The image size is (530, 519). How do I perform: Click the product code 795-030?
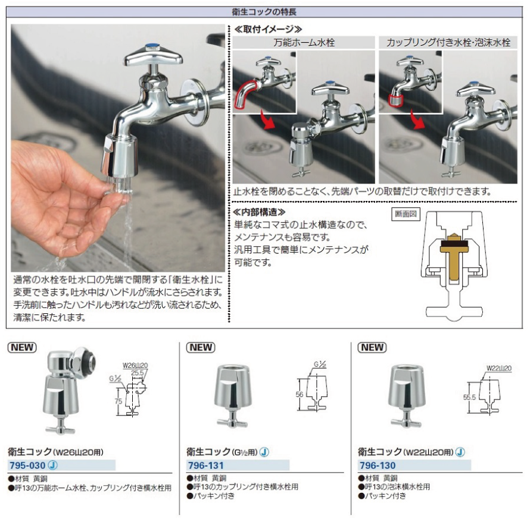[27, 465]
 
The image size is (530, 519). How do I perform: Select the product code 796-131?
[206, 465]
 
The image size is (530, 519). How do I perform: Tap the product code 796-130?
[378, 465]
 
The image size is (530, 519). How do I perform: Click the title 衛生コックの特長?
[264, 12]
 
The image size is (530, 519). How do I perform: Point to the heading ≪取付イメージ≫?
[269, 29]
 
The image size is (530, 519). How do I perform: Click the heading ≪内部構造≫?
[260, 212]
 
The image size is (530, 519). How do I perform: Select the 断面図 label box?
[406, 214]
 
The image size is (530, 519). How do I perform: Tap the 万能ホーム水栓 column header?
[304, 43]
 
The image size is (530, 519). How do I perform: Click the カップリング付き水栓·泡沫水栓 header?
[448, 43]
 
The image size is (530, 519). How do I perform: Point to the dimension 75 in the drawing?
[119, 401]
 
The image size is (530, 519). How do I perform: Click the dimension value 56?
[300, 394]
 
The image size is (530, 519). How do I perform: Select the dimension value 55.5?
[469, 397]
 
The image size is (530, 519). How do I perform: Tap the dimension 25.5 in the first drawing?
[138, 373]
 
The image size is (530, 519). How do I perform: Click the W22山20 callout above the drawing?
[499, 368]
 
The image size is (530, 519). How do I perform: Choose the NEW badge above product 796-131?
[201, 347]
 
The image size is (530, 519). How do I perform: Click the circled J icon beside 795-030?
[53, 465]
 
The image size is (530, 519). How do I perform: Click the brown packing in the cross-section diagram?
[454, 244]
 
